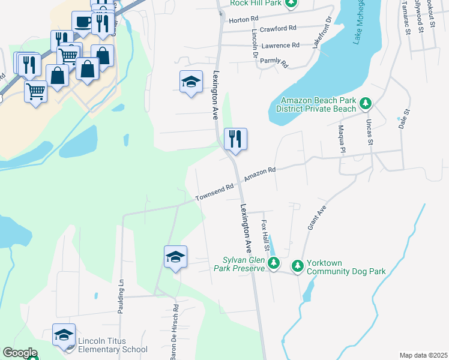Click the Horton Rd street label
click(242, 19)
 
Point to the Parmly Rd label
click(276, 62)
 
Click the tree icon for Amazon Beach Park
click(365, 104)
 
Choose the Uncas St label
click(369, 129)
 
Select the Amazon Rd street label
click(259, 175)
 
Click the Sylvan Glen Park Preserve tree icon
click(274, 263)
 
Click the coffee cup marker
click(82, 22)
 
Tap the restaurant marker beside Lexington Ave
click(235, 139)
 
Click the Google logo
click(19, 353)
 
